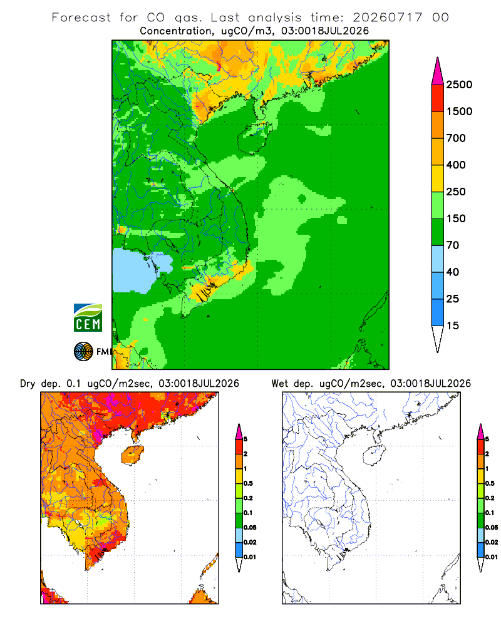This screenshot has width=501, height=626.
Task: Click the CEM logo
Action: point(88,318)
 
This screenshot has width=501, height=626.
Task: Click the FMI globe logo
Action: point(83,352)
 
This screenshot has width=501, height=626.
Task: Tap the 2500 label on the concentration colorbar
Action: point(459,85)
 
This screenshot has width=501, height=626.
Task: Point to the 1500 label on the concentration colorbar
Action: point(459,111)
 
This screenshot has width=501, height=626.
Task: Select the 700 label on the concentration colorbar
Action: point(456,138)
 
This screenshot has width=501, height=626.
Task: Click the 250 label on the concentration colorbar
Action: point(456,192)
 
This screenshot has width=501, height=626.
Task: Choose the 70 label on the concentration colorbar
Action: point(453,245)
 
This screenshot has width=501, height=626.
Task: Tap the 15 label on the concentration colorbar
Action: point(453,326)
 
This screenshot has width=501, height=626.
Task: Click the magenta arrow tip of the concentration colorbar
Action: point(438,71)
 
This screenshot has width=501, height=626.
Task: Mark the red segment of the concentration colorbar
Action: point(438,98)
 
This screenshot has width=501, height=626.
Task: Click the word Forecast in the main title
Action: point(81,18)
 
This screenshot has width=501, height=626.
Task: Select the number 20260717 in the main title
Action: point(387,18)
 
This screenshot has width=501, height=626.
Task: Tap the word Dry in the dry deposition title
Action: point(28,384)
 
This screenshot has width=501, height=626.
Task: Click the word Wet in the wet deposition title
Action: point(280,384)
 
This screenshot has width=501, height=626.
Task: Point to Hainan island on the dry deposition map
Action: point(132,455)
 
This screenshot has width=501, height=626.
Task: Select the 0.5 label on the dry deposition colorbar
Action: point(248,483)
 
